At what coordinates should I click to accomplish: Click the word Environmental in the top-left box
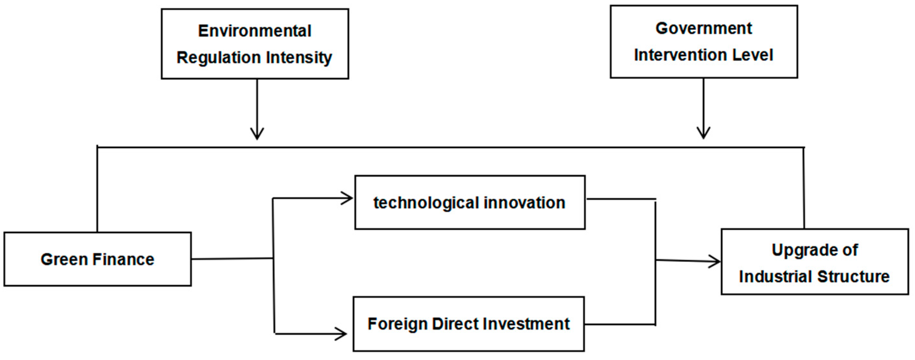coord(255,31)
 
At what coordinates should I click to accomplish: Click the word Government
coord(704,28)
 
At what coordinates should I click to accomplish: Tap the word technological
coord(426,203)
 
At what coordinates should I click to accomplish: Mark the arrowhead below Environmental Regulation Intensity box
coord(257,134)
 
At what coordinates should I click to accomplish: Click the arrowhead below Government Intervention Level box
coord(703,133)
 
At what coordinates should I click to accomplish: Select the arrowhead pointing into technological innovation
coord(348,198)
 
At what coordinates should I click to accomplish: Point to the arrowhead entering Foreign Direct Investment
coord(342,334)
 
